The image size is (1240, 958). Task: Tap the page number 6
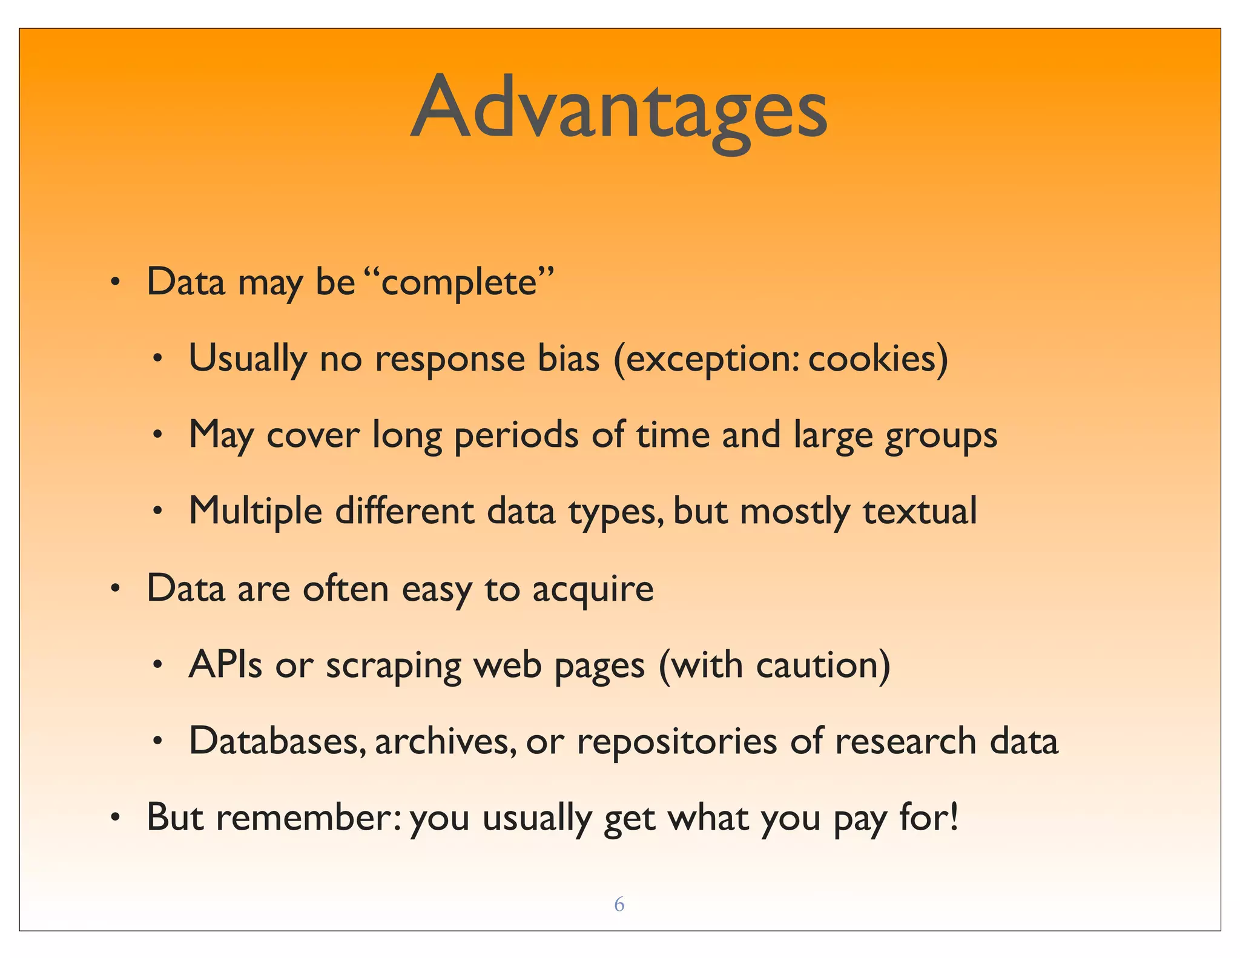(x=619, y=904)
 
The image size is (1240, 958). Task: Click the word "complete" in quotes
(x=459, y=283)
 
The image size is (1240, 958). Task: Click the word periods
(x=516, y=436)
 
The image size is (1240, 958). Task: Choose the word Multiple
(x=255, y=512)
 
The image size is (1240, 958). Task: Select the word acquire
(x=593, y=590)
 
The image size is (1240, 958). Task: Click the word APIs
(x=225, y=665)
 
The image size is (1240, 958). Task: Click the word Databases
(x=277, y=741)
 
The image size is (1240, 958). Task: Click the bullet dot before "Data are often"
(x=115, y=590)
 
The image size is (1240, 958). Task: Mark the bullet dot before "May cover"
(x=157, y=435)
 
